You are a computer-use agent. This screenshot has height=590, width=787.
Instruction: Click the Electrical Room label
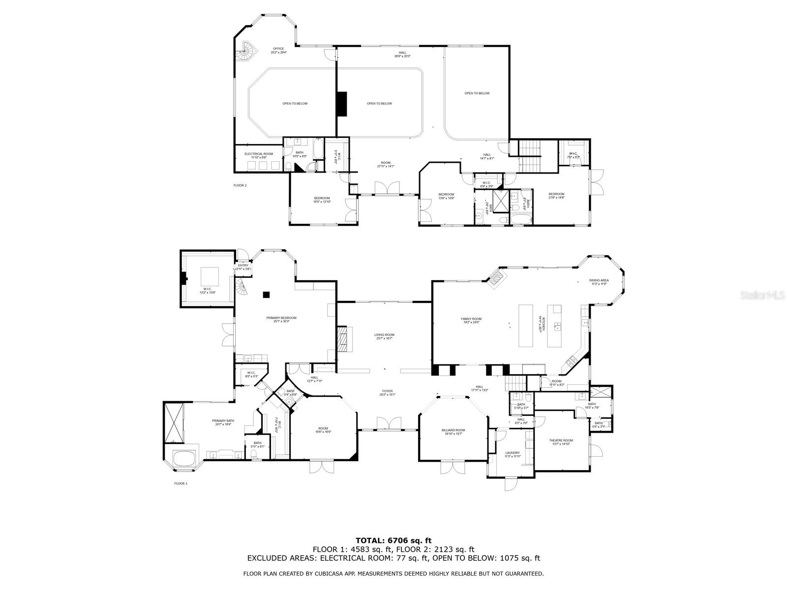pyautogui.click(x=259, y=156)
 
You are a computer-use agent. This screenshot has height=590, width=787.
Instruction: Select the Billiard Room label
pyautogui.click(x=453, y=432)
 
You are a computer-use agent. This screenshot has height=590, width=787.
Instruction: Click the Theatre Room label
pyautogui.click(x=561, y=442)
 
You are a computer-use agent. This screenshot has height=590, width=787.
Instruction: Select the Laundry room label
pyautogui.click(x=512, y=454)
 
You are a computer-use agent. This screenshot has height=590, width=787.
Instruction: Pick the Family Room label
pyautogui.click(x=471, y=321)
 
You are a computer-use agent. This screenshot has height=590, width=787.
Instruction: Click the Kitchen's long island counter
pyautogui.click(x=526, y=326)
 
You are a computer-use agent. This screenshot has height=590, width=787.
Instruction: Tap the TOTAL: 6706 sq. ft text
pyautogui.click(x=393, y=540)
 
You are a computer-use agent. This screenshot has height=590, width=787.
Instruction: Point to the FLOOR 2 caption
pyautogui.click(x=240, y=185)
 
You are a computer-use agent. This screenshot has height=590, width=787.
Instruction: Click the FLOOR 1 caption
pyautogui.click(x=181, y=483)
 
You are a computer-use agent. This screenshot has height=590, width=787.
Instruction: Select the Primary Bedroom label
pyautogui.click(x=281, y=320)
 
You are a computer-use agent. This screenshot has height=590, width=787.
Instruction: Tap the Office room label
pyautogui.click(x=278, y=50)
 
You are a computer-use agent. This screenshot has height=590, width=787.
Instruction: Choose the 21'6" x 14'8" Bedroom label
pyautogui.click(x=556, y=195)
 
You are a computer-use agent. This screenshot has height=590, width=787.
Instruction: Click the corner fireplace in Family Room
pyautogui.click(x=497, y=276)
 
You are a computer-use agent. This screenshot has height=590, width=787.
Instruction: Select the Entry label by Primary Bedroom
pyautogui.click(x=243, y=267)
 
